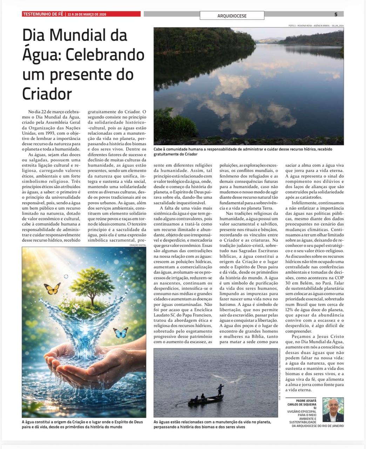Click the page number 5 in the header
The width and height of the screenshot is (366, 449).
tap(336, 14)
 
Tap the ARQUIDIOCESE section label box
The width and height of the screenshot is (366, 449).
tap(232, 16)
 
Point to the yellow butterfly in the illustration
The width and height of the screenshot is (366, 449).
tap(52, 289)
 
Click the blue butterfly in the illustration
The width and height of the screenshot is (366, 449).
tap(121, 333)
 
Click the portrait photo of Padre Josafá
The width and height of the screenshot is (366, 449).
tap(333, 410)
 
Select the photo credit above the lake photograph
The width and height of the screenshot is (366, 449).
tap(316, 26)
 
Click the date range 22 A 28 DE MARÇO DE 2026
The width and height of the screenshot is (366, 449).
tap(87, 14)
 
